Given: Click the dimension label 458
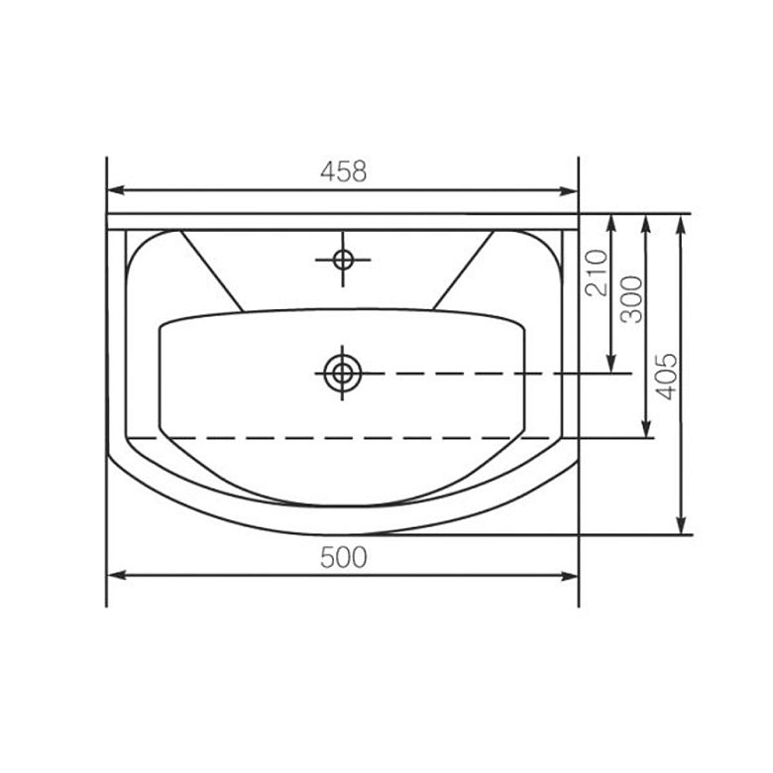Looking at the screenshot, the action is click(x=344, y=171).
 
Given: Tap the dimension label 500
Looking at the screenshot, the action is click(x=344, y=558).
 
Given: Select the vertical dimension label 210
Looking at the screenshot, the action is click(x=596, y=273).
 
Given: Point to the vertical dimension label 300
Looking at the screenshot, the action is click(x=631, y=299).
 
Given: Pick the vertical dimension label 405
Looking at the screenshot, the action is click(x=667, y=376).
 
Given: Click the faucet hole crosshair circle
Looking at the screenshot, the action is click(x=343, y=260).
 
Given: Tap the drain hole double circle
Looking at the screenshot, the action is click(x=343, y=374).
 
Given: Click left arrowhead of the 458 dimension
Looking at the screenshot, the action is click(x=116, y=190).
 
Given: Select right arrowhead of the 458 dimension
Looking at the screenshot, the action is click(x=569, y=191).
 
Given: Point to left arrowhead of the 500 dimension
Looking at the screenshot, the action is click(x=116, y=576).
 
